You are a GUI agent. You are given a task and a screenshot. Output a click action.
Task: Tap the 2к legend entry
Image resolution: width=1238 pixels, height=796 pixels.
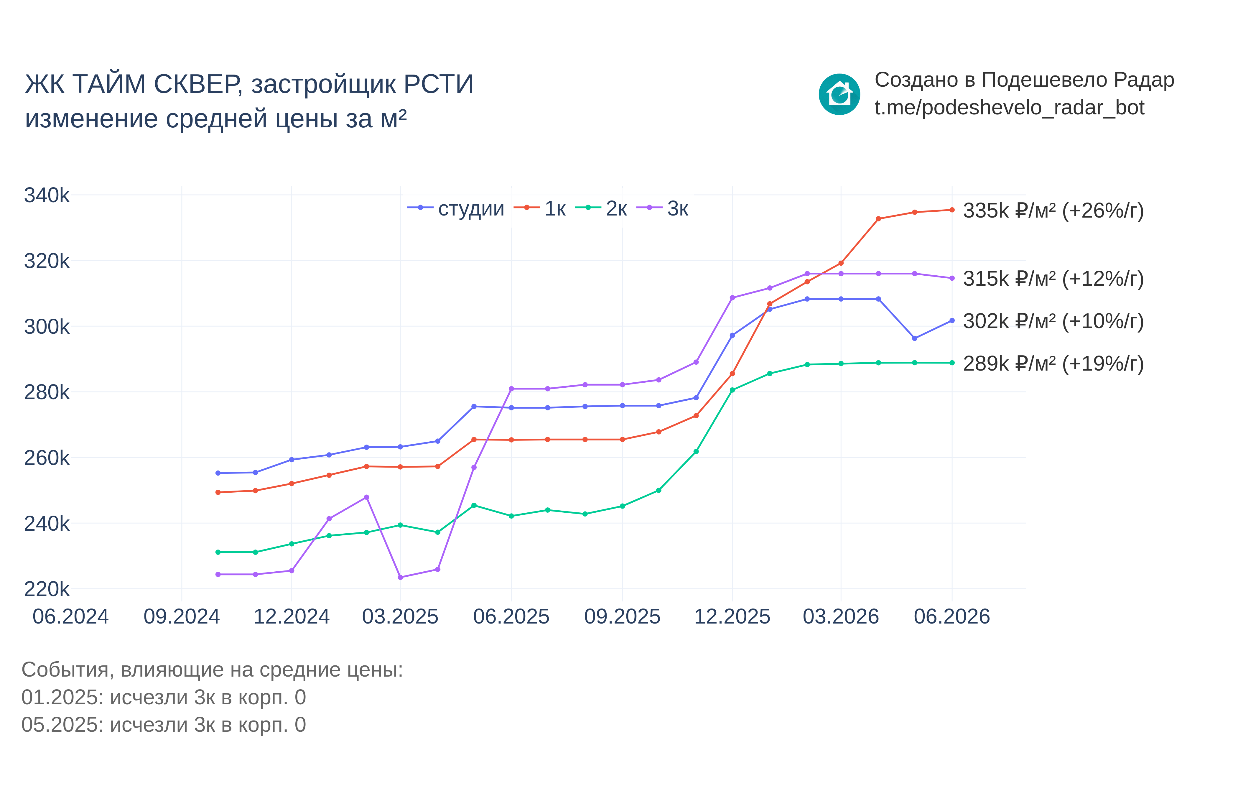click(x=601, y=208)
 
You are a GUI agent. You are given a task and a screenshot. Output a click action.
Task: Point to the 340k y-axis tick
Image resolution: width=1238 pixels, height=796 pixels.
click(x=47, y=195)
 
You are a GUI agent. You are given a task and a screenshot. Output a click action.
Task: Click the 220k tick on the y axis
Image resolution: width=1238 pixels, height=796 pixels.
click(x=47, y=589)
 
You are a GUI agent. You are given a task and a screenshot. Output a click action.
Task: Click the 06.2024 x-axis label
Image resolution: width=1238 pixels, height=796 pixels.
click(x=71, y=617)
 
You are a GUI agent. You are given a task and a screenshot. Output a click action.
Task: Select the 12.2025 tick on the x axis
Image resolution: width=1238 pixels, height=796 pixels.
click(x=732, y=617)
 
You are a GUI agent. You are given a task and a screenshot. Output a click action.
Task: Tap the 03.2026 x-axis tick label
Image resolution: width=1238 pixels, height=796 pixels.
click(x=841, y=617)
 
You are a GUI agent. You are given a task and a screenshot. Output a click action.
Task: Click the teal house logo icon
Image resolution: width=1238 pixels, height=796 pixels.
click(x=839, y=94)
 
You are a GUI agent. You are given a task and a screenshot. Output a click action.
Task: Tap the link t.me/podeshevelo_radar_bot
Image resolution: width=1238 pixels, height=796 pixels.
click(x=1009, y=108)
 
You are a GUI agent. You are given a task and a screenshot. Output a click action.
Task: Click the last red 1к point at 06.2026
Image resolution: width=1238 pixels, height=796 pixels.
click(x=952, y=210)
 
